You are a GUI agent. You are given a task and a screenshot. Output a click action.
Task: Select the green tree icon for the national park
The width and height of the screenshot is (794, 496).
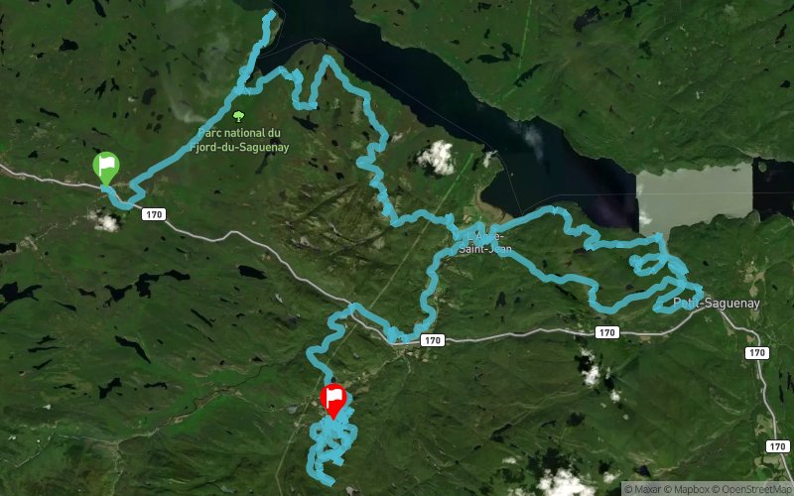[237, 115]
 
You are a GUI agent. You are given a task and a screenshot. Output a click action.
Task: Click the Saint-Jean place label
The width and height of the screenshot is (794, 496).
[485, 249]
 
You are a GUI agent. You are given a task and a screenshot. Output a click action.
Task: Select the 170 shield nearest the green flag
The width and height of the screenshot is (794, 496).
[152, 213]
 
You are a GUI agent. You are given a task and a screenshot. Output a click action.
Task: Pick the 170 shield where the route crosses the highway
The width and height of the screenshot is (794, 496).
[431, 340]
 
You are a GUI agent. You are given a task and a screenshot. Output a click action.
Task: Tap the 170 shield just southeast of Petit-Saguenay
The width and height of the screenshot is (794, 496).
[757, 352]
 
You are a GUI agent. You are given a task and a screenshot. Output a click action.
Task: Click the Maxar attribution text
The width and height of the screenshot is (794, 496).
[646, 488]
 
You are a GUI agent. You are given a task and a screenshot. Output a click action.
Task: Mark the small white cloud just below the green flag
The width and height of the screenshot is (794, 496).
[105, 221]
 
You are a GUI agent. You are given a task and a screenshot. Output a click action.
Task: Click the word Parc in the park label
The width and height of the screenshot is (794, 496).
[209, 133]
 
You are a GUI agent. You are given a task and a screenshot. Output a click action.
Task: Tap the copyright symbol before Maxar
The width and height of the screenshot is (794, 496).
[627, 488]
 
